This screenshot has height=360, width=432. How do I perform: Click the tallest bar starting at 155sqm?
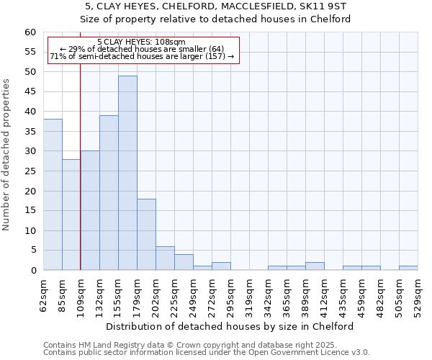click(127, 173)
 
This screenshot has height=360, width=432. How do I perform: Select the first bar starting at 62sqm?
click(53, 194)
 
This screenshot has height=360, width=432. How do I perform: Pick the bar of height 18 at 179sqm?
click(146, 235)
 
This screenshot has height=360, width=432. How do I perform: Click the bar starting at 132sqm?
click(109, 193)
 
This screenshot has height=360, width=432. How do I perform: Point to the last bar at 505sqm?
click(408, 269)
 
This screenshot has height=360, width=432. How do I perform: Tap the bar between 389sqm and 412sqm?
click(315, 266)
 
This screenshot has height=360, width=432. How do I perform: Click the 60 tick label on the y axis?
click(30, 32)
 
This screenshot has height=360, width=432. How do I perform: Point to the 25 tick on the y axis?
click(30, 171)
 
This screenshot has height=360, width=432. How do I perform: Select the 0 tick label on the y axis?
click(32, 271)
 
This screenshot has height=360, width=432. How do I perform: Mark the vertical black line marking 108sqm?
click(80, 180)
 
